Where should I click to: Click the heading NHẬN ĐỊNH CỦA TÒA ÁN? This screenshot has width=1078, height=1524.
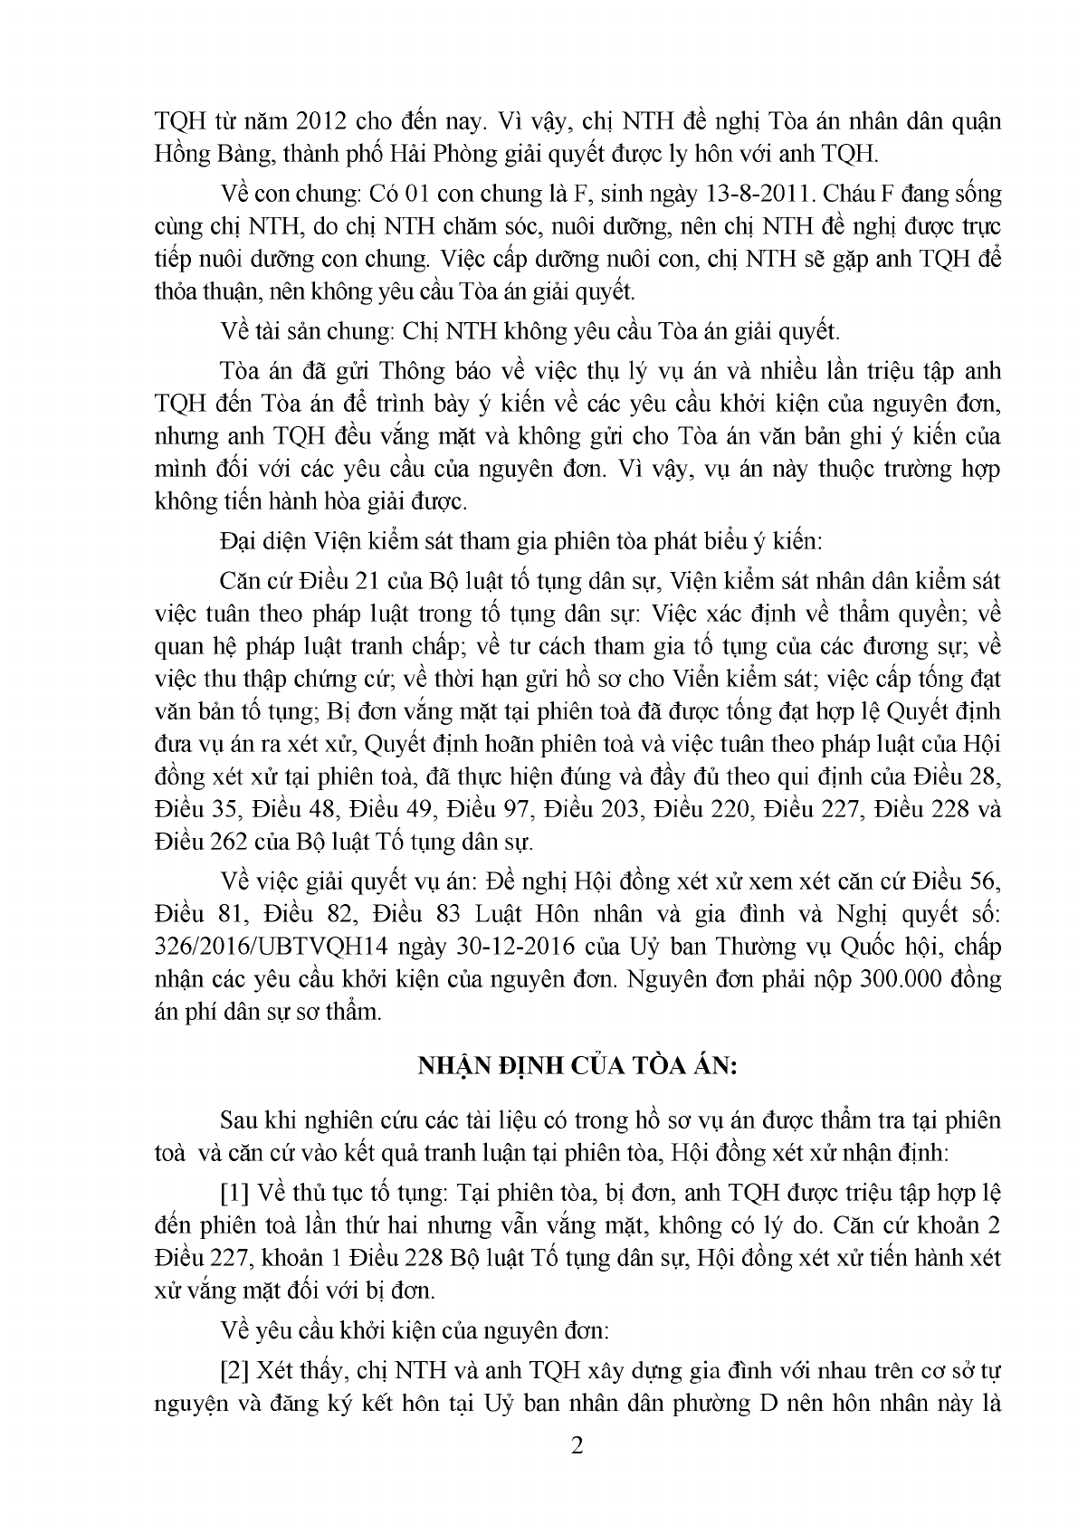577,1066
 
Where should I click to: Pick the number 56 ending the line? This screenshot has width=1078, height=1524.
981,881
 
